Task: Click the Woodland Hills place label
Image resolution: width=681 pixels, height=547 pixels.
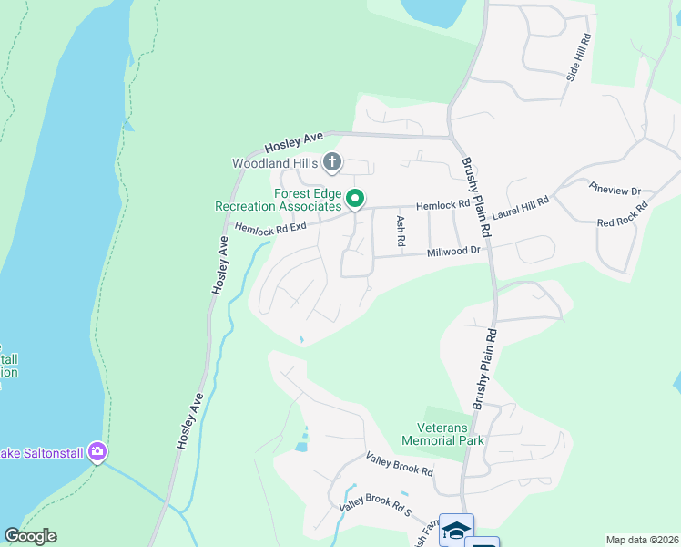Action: coord(274,164)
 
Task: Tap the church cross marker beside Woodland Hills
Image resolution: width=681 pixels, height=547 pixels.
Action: coord(332,163)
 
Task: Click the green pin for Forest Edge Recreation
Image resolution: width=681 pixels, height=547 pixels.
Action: coord(357,198)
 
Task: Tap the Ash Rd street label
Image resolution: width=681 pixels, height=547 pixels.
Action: coord(400,232)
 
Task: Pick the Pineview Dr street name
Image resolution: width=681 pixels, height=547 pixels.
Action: coord(615,190)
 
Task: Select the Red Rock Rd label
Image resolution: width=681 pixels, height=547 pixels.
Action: coord(622,215)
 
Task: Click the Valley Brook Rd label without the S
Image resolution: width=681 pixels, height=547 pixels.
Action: coord(399,464)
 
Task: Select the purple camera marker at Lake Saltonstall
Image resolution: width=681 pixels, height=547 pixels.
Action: coord(97,451)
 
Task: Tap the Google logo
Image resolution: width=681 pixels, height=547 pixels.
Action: coord(30,536)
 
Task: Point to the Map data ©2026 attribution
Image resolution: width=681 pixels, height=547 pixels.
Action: coord(642,540)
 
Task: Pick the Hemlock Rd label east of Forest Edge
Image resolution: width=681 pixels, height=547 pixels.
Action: coord(442,206)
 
